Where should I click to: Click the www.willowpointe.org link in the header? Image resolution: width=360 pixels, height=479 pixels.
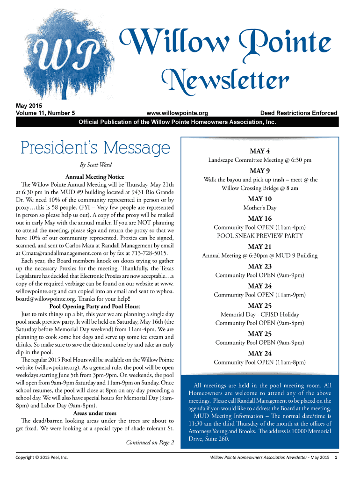tap(177, 113)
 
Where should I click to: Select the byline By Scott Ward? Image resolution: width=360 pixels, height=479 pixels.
tap(96, 165)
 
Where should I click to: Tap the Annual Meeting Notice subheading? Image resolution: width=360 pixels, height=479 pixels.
tap(95, 177)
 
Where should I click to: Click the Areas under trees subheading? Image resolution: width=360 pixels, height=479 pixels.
tap(95, 413)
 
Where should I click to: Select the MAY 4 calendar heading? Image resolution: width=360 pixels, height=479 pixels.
tap(259, 152)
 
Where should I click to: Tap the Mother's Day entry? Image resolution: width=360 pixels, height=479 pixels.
tap(260, 208)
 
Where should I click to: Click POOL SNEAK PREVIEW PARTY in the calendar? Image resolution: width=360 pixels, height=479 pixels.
tap(259, 236)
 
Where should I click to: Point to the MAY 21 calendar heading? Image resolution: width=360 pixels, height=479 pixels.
tap(259, 247)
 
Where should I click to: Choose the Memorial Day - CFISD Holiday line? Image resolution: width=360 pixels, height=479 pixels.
tap(259, 314)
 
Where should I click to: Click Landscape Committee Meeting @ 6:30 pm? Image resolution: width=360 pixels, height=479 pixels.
tap(259, 160)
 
